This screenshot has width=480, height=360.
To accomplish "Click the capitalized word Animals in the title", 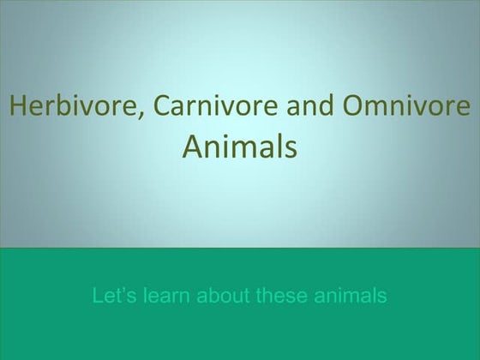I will click(240, 147).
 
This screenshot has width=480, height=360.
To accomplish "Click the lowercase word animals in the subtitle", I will click(352, 297).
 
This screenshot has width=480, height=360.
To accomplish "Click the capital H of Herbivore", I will click(17, 107).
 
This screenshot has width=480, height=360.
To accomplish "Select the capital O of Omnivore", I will click(353, 107).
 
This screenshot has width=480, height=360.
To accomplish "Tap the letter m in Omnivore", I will click(377, 109).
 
